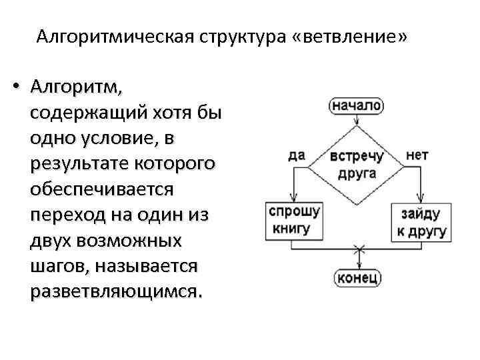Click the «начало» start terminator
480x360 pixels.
click(x=357, y=105)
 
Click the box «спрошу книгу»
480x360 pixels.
click(x=293, y=220)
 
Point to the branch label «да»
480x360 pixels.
click(x=297, y=155)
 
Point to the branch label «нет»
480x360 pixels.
click(x=417, y=155)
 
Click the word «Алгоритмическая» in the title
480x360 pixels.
click(x=113, y=36)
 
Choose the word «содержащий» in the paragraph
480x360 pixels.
click(x=84, y=113)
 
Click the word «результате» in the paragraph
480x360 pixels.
click(x=82, y=163)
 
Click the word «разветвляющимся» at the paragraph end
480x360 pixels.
click(x=113, y=291)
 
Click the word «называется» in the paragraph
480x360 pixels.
click(x=147, y=265)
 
